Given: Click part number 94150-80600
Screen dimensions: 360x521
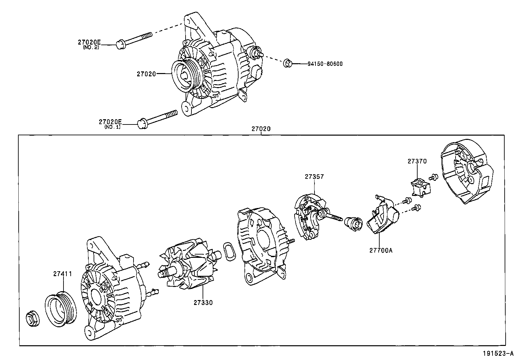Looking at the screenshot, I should tap(325, 64).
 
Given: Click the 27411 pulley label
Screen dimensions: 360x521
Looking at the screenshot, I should tap(63, 274).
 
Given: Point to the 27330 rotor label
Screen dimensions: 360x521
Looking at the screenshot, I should tap(203, 303).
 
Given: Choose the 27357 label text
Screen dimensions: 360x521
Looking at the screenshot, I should tap(314, 177).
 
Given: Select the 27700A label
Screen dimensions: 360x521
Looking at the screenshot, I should tap(381, 250).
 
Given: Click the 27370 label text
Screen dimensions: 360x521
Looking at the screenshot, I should tap(417, 161).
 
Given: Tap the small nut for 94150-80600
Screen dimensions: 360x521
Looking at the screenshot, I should tap(287, 63).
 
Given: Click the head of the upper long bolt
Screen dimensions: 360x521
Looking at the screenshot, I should tap(120, 45).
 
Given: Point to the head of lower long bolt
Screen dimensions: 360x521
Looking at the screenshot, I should tap(142, 123).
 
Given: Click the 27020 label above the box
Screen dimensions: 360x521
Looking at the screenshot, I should tap(261, 129).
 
